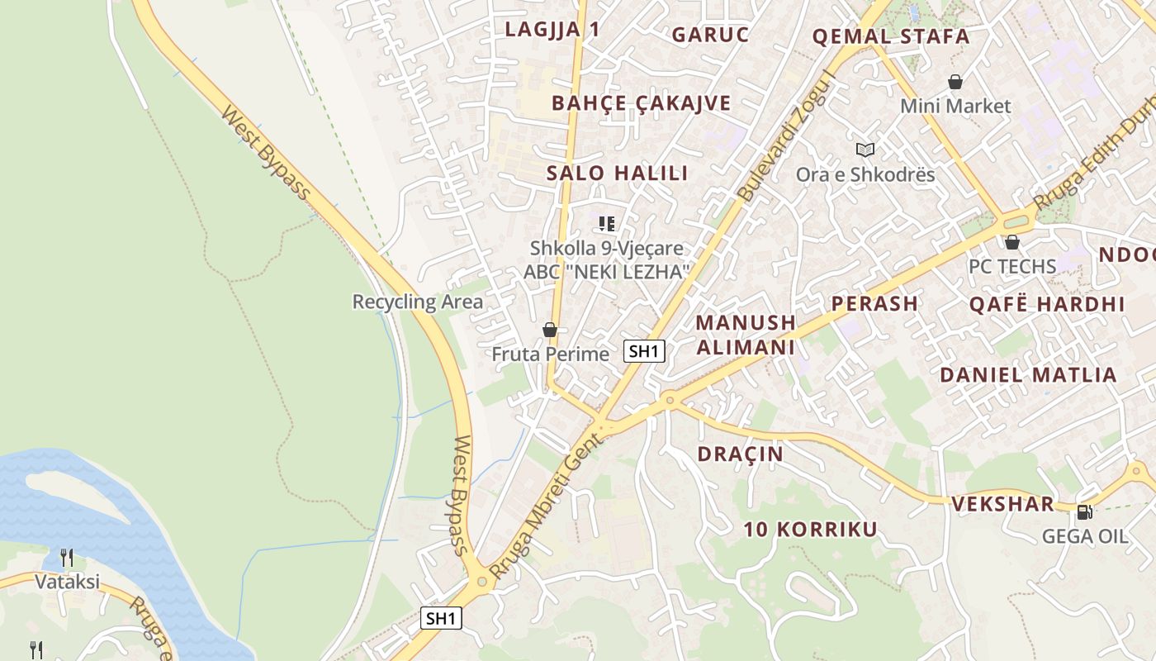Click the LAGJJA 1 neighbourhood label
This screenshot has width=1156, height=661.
pyautogui.click(x=552, y=30)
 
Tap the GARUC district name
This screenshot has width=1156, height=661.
pyautogui.click(x=710, y=35)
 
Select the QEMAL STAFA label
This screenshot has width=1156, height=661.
pyautogui.click(x=891, y=36)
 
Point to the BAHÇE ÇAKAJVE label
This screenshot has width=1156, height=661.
pyautogui.click(x=641, y=103)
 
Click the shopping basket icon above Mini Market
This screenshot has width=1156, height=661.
pyautogui.click(x=955, y=82)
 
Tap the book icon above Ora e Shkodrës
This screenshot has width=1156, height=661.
pyautogui.click(x=865, y=150)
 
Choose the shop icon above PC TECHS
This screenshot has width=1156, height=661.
pyautogui.click(x=1012, y=242)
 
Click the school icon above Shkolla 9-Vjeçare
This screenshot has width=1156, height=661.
pyautogui.click(x=607, y=223)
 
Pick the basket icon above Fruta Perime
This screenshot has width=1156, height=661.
pyautogui.click(x=550, y=330)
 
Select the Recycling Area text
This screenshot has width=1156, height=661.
pyautogui.click(x=417, y=302)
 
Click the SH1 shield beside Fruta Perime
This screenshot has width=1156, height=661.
pyautogui.click(x=644, y=351)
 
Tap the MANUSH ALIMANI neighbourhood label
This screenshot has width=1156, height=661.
pyautogui.click(x=746, y=334)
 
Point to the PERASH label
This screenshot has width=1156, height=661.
pyautogui.click(x=874, y=303)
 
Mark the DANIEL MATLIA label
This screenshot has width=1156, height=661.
pyautogui.click(x=1028, y=374)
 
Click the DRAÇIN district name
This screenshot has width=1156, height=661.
pyautogui.click(x=740, y=454)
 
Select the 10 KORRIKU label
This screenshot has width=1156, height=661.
pyautogui.click(x=811, y=530)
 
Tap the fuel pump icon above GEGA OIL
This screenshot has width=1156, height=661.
pyautogui.click(x=1085, y=512)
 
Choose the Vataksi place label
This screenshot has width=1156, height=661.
pyautogui.click(x=67, y=582)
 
